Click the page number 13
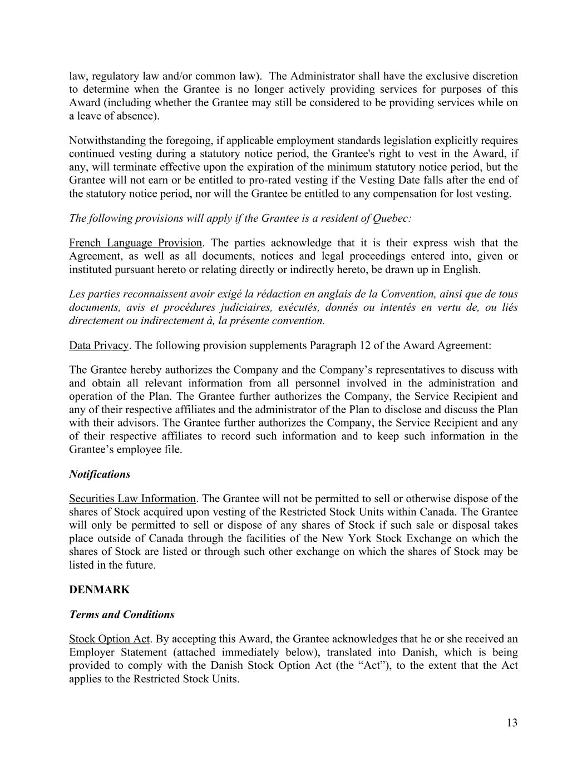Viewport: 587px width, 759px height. coord(512,723)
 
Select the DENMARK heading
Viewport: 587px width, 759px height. coord(99,590)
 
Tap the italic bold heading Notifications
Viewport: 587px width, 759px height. coord(100,474)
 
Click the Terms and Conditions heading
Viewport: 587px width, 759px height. coord(121,614)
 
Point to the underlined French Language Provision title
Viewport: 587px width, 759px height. coord(135,243)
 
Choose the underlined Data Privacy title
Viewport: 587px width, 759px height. coord(98,345)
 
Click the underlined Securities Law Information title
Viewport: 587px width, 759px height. coord(132,499)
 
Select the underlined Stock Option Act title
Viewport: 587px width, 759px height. coord(110,639)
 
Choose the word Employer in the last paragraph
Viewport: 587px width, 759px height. coord(91,652)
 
